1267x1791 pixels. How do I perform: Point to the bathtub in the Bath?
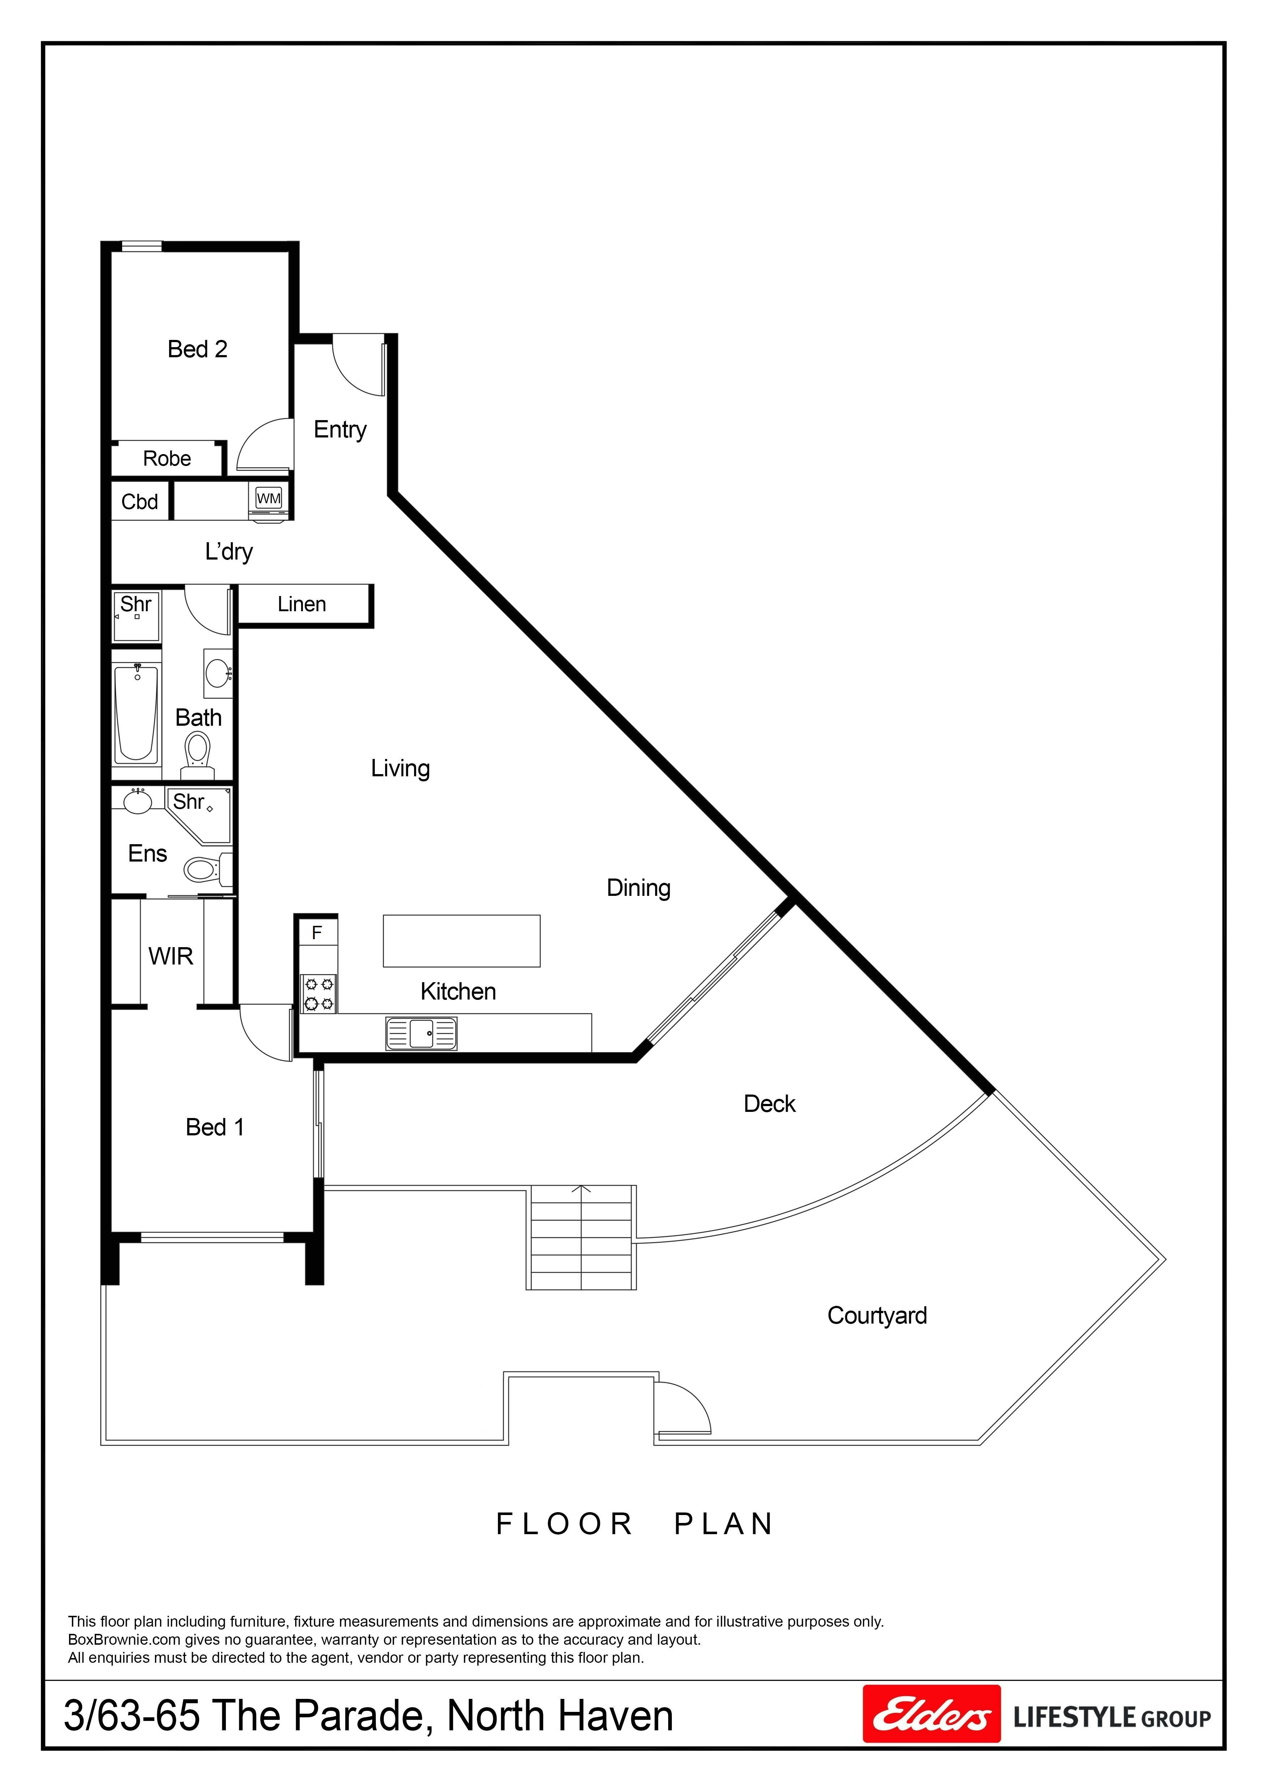tap(137, 712)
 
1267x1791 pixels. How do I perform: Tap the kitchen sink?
tap(421, 1033)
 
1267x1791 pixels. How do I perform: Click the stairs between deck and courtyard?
tap(581, 1237)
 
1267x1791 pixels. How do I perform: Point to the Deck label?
tap(769, 1104)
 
